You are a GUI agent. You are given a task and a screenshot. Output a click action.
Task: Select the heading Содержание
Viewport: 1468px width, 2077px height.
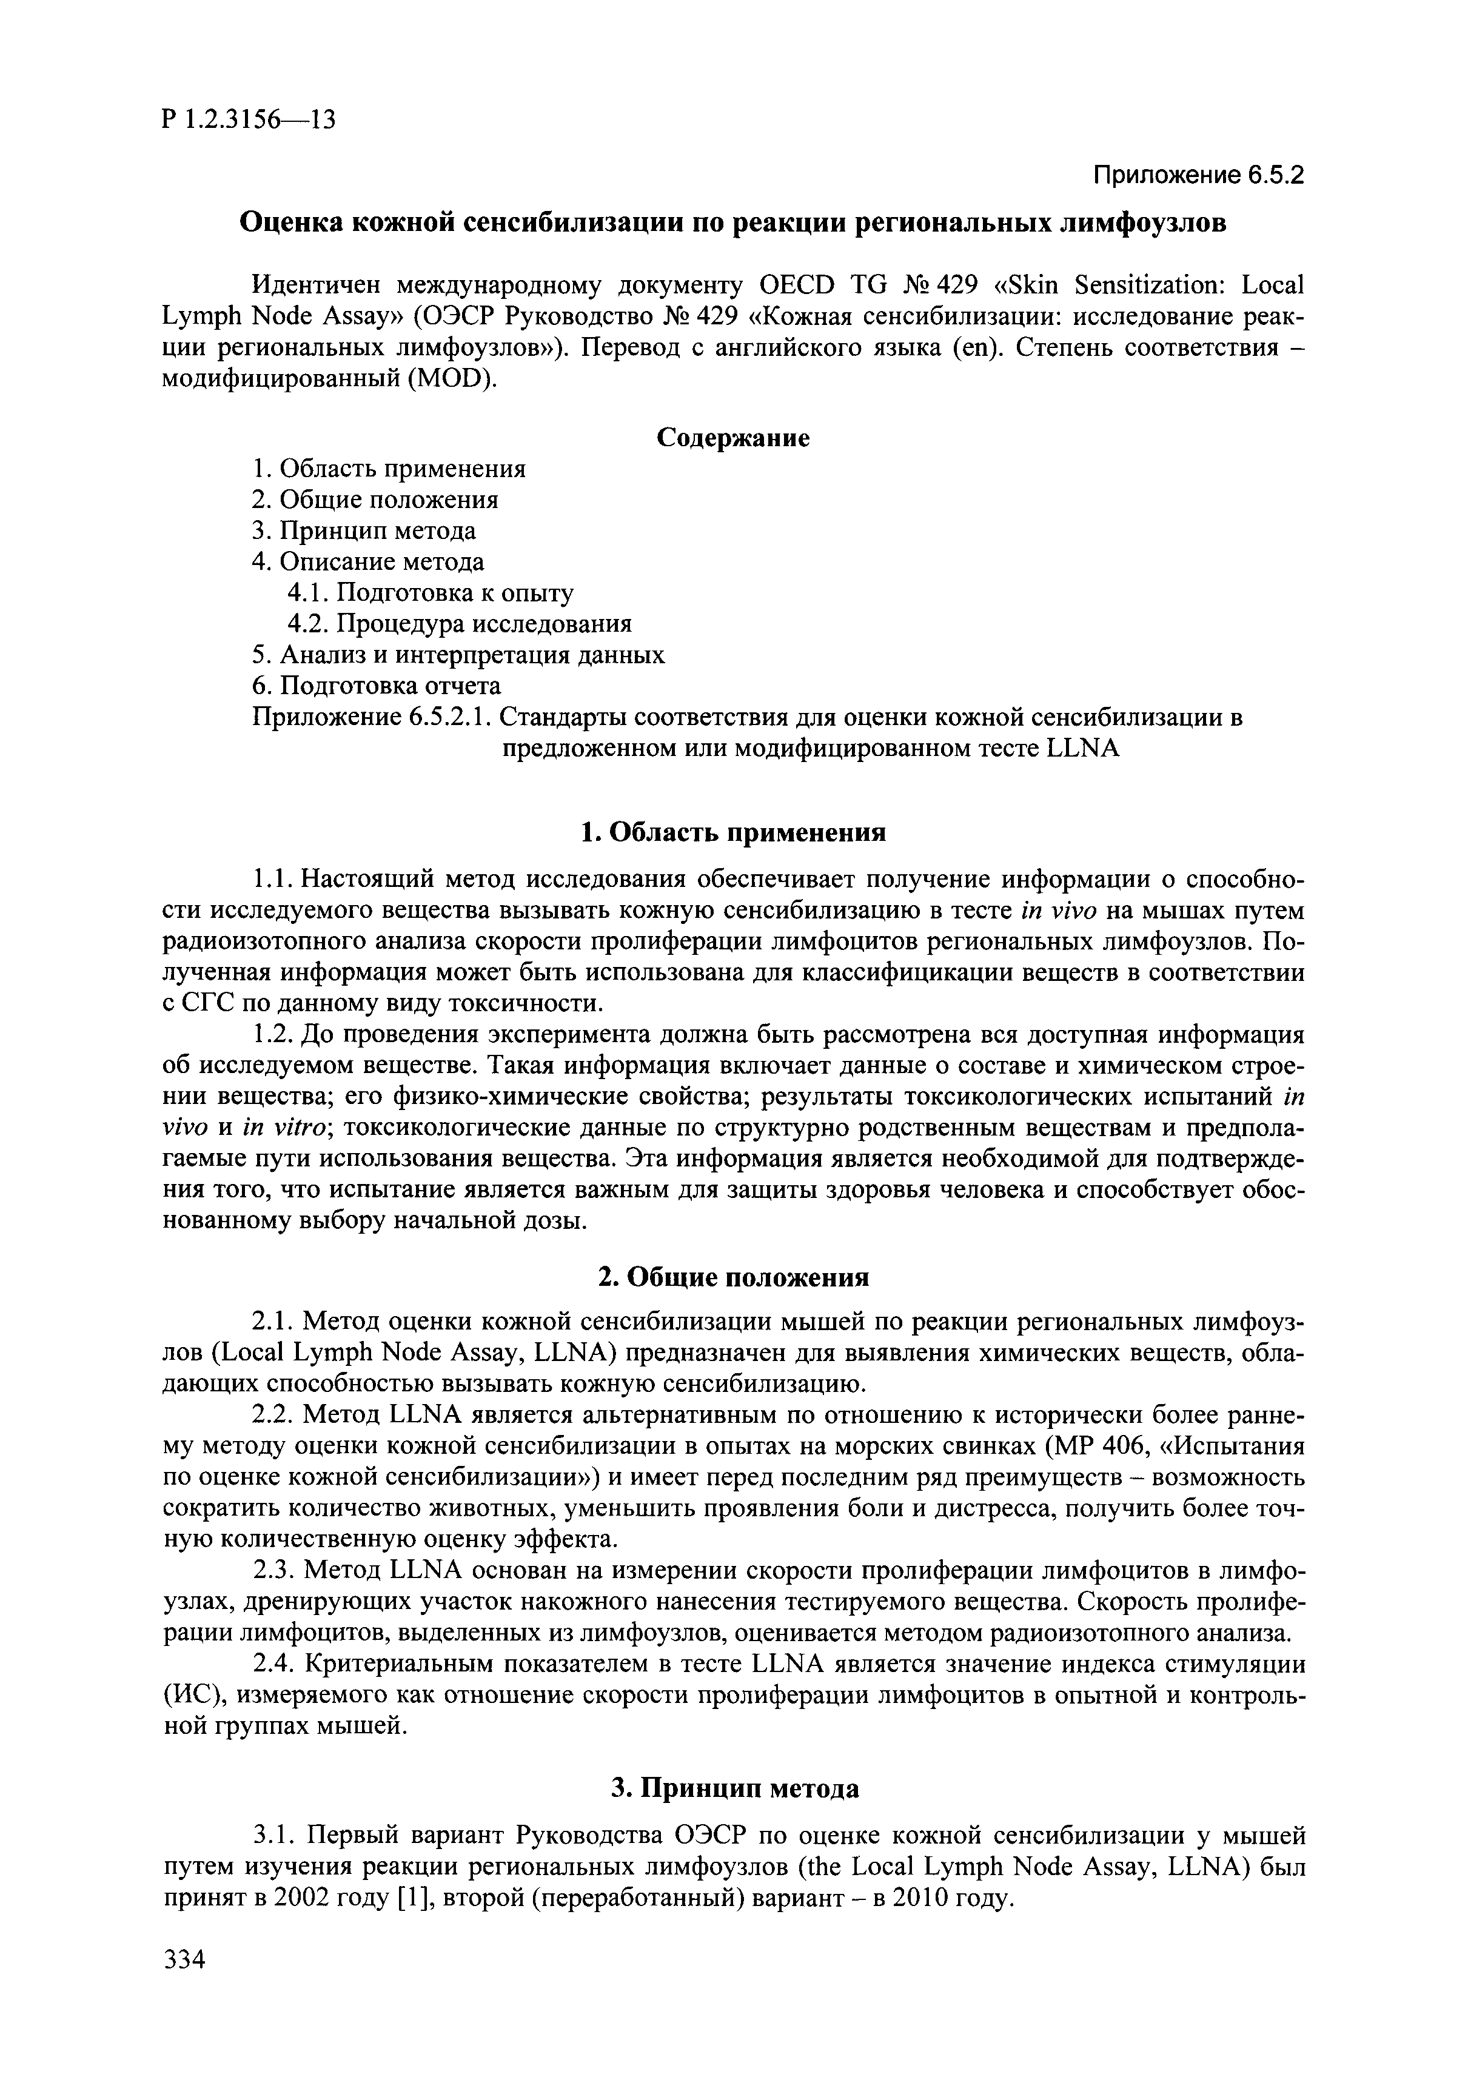point(732,438)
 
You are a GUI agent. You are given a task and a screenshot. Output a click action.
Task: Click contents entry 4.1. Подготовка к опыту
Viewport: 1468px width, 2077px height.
point(431,594)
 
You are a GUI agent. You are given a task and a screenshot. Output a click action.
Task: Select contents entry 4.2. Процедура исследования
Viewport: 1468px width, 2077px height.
point(459,624)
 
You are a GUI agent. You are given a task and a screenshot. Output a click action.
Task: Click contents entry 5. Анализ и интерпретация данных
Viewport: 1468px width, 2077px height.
point(458,655)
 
